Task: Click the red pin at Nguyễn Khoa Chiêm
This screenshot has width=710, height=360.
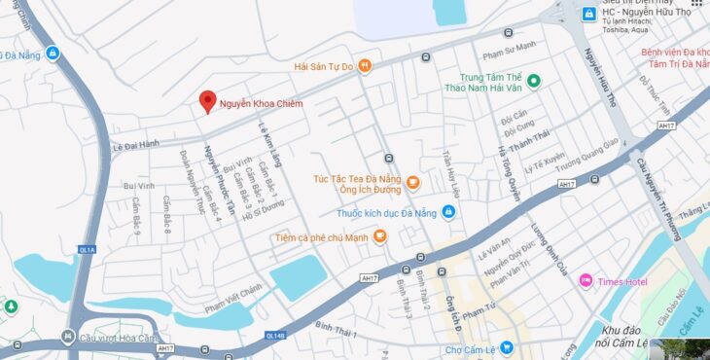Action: (x=207, y=101)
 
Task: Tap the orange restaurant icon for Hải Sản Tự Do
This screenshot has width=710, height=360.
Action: (x=365, y=66)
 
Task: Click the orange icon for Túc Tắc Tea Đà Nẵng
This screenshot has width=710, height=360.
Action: (x=412, y=182)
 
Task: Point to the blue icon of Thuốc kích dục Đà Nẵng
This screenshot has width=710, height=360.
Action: (x=447, y=212)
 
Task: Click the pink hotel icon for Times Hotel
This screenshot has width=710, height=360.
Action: (x=586, y=281)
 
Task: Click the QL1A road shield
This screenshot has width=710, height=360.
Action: (x=87, y=250)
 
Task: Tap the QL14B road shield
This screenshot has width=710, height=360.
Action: (x=275, y=336)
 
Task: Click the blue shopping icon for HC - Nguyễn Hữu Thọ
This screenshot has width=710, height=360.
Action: (x=588, y=14)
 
